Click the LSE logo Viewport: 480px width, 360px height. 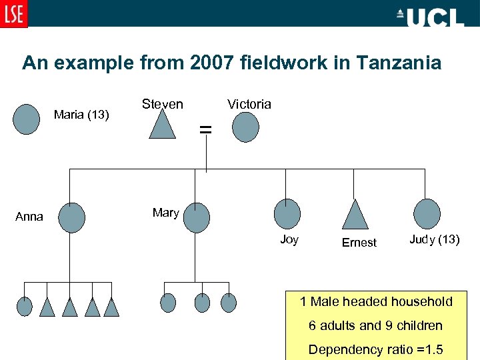click(14, 14)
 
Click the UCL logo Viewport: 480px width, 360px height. click(429, 17)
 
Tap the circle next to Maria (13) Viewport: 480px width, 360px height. click(27, 120)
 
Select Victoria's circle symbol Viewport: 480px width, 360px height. click(245, 126)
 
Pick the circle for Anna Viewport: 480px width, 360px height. click(72, 217)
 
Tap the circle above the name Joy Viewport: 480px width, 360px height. click(287, 214)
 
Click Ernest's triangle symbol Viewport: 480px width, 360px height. click(355, 215)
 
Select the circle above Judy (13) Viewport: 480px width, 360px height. click(427, 214)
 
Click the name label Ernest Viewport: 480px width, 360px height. click(359, 243)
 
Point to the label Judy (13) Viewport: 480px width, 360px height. click(434, 239)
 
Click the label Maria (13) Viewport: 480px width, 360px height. click(81, 115)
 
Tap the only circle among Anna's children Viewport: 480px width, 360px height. click(25, 306)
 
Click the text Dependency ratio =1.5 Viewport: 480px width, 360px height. click(376, 350)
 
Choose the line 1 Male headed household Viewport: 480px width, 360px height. click(376, 302)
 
